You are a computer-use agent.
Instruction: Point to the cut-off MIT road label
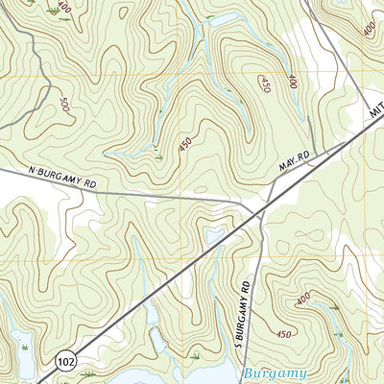pos(374,113)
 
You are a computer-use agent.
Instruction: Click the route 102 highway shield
pos(65,361)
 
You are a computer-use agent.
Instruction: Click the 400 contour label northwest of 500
pos(63,8)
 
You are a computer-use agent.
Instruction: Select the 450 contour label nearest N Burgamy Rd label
pos(184,143)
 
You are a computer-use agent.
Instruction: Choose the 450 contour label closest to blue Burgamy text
pos(284,334)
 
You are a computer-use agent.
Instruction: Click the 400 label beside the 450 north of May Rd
pos(292,82)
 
